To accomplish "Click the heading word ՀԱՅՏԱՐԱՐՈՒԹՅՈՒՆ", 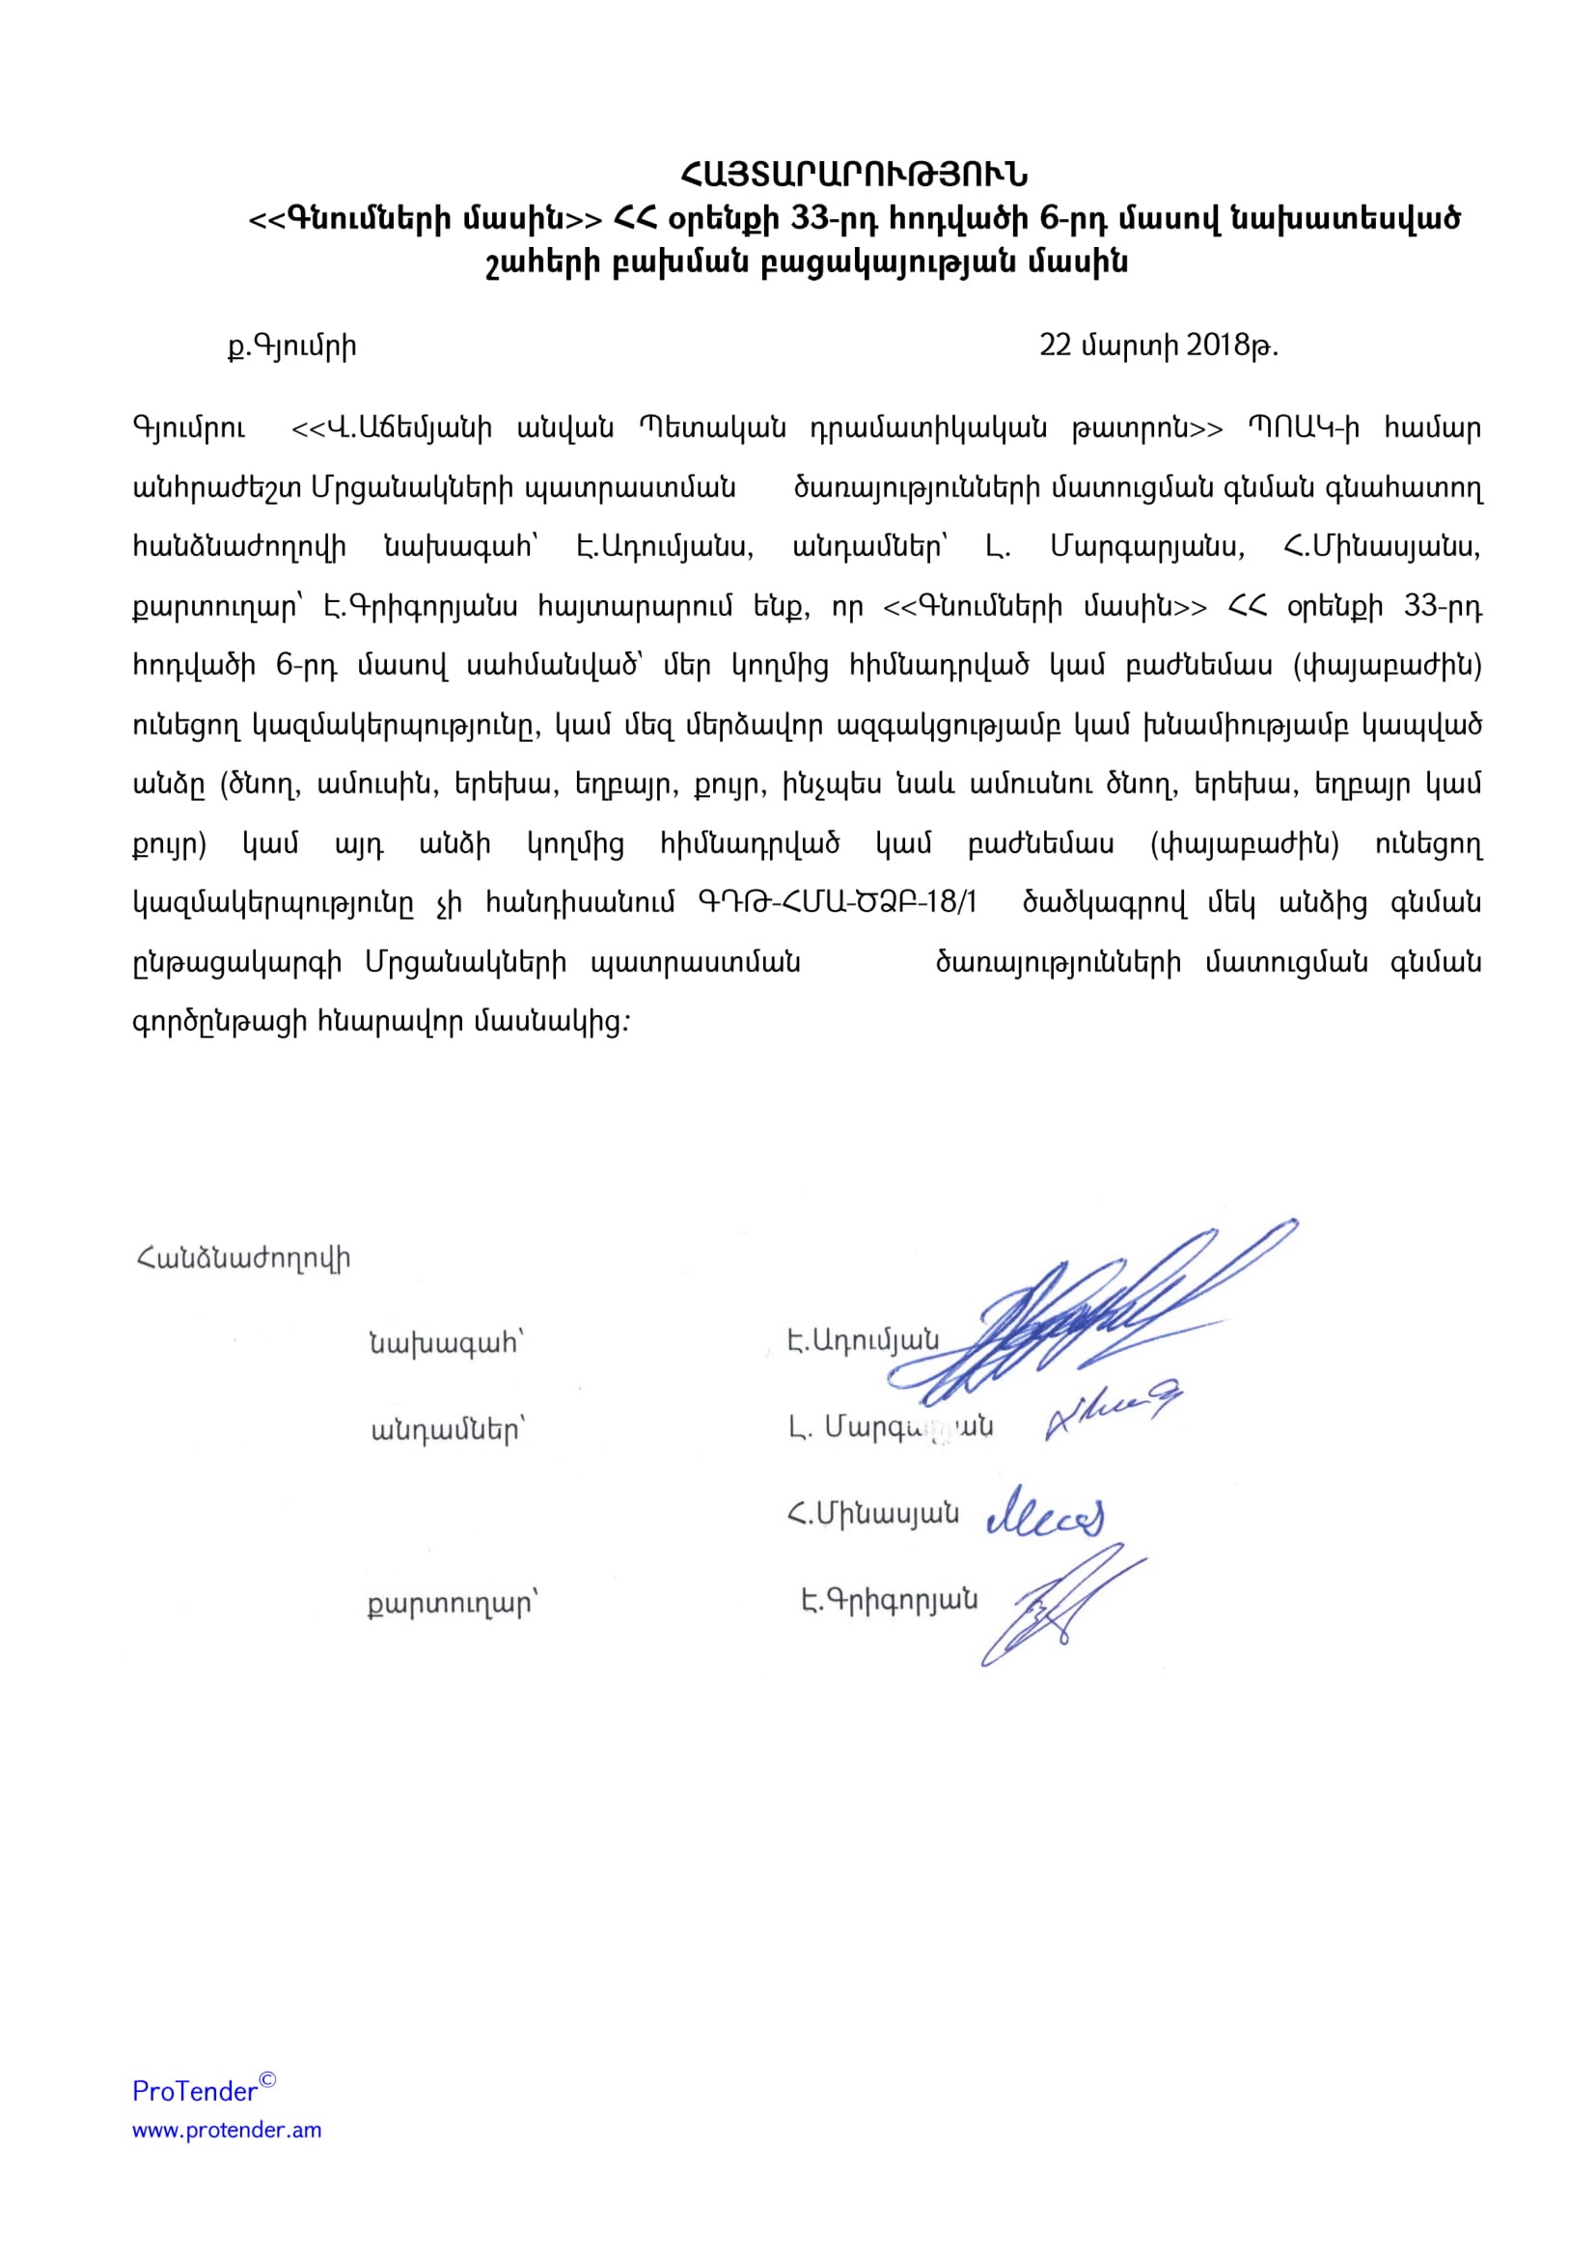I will (853, 175).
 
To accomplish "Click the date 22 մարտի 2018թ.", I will (1158, 346).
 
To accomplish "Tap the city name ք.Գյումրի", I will (291, 346).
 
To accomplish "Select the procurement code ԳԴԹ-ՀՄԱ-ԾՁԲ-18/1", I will (837, 902).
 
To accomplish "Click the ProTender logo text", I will (195, 2091).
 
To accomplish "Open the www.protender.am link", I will (227, 2131).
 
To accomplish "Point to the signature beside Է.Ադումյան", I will (1091, 1317).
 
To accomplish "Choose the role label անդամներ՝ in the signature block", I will (448, 1430).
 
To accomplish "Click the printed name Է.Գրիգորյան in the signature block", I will (889, 1600).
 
